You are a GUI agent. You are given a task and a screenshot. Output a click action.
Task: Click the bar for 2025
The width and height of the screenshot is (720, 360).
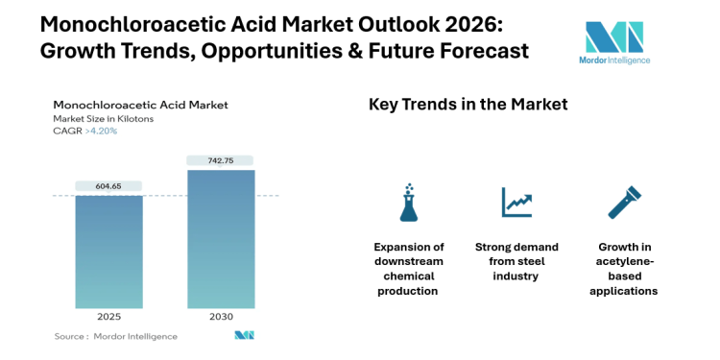[108, 252]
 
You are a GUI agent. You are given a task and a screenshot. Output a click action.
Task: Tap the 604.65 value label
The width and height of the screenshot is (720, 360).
[108, 185]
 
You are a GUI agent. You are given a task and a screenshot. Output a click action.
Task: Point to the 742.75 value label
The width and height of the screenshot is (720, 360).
[221, 160]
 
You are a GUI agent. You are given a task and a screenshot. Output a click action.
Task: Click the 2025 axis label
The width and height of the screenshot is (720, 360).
[108, 317]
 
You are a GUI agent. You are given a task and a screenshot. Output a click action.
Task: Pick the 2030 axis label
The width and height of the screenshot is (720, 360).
[221, 317]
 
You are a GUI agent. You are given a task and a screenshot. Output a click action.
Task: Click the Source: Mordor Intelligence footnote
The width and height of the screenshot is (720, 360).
[115, 336]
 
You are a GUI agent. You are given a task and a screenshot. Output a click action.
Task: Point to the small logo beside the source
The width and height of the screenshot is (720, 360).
[244, 336]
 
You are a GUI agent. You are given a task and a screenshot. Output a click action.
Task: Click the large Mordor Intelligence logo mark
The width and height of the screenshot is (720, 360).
[614, 36]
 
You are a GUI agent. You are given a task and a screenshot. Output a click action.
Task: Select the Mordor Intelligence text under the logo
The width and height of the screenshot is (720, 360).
[615, 60]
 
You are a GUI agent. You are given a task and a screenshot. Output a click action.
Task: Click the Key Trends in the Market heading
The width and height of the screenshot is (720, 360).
[468, 105]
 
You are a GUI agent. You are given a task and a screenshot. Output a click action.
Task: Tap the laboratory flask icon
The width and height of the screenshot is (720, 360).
[409, 202]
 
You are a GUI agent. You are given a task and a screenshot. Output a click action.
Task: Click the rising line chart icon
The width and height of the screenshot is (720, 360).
[516, 202]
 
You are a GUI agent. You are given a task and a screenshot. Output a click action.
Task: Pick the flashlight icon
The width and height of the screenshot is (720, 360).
[625, 202]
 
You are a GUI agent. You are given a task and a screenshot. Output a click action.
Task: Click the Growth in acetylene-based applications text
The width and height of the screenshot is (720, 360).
[626, 268]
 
